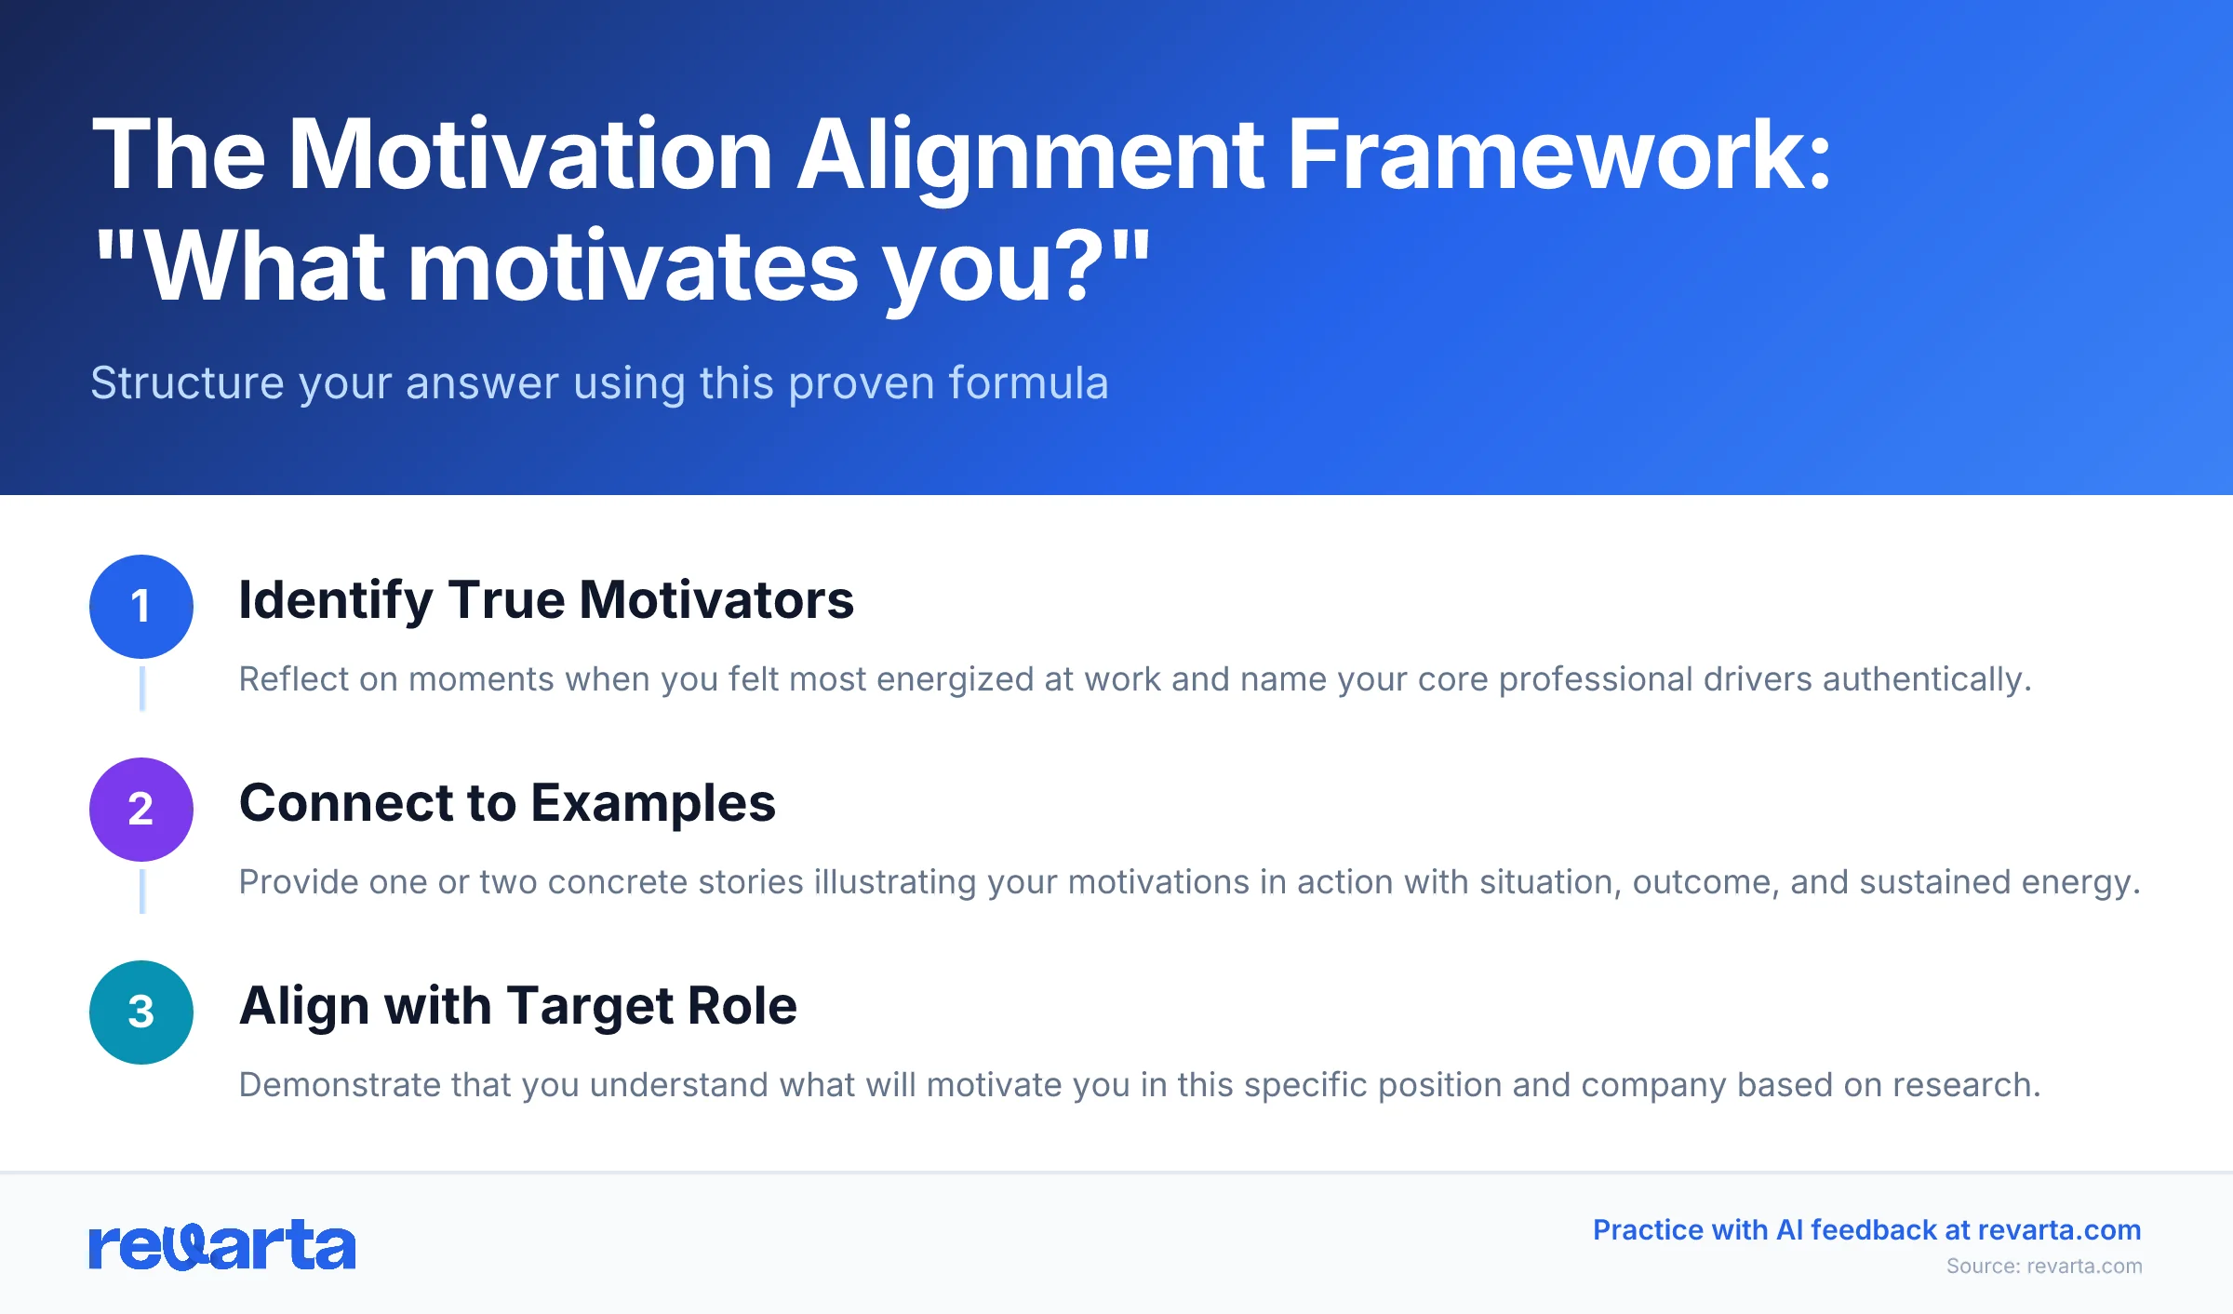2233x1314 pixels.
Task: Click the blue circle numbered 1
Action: coord(141,607)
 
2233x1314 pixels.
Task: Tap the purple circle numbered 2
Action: coord(141,810)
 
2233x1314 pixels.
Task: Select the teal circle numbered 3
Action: coord(141,1012)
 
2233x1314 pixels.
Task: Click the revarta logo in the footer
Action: coord(222,1245)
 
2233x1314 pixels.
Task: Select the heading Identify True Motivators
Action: coord(546,600)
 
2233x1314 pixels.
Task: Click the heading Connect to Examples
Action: coord(507,803)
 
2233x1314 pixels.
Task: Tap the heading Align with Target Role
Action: coord(518,1006)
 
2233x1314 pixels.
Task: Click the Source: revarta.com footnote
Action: coord(2044,1267)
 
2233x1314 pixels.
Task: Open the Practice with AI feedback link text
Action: coord(1866,1230)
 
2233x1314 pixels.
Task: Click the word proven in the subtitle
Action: coord(861,383)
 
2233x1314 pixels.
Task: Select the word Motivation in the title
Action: coord(530,154)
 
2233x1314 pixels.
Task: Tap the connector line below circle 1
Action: coord(142,689)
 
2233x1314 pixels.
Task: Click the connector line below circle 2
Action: coord(142,892)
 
